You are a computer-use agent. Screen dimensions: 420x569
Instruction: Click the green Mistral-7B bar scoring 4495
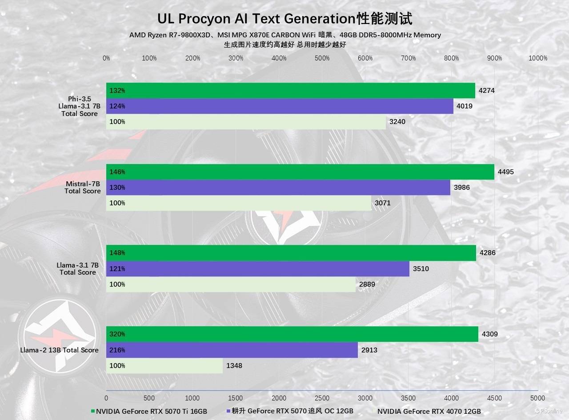click(300, 172)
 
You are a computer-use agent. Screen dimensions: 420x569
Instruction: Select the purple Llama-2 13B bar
click(232, 350)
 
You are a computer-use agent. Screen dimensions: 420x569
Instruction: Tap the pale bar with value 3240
click(246, 122)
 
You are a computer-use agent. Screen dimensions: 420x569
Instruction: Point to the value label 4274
click(486, 91)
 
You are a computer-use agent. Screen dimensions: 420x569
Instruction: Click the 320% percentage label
click(117, 334)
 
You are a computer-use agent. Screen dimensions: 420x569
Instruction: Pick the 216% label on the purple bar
click(117, 350)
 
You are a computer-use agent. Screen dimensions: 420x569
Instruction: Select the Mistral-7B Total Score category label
click(83, 187)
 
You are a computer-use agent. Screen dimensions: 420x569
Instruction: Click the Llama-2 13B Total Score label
click(59, 350)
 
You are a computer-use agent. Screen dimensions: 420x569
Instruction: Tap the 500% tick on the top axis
click(322, 58)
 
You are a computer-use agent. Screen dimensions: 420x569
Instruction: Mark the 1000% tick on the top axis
click(538, 58)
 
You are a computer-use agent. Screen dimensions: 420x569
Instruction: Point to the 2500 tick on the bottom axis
click(322, 398)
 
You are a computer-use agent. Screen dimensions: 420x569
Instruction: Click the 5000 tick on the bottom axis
click(537, 398)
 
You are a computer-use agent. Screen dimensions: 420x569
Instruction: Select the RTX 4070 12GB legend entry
click(429, 412)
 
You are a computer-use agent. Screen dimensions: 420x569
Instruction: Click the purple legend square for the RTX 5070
click(228, 411)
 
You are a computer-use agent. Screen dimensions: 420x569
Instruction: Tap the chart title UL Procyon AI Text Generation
click(284, 19)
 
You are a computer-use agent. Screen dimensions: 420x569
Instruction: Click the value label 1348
click(234, 366)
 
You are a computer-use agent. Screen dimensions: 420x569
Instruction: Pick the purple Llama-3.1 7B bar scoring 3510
click(257, 269)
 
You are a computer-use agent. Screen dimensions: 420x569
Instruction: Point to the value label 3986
click(461, 188)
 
